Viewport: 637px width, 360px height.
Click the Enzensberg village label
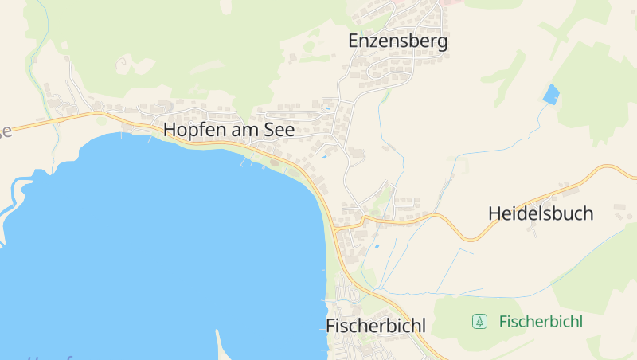(398, 41)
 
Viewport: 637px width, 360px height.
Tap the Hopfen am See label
(229, 130)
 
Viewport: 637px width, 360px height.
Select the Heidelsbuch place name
(541, 213)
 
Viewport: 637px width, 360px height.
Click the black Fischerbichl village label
(376, 326)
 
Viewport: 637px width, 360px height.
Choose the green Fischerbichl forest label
(541, 322)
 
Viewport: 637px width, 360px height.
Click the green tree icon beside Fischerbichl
(479, 322)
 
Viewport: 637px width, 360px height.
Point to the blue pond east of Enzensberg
(550, 95)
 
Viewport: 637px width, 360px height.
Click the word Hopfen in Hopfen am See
(191, 130)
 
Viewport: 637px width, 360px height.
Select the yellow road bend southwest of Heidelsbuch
(470, 237)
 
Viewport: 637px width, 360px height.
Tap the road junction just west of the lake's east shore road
(338, 228)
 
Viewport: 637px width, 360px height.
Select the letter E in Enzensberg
(354, 41)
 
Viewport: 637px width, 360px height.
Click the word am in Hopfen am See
(248, 130)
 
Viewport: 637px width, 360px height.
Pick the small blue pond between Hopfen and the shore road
(324, 157)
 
